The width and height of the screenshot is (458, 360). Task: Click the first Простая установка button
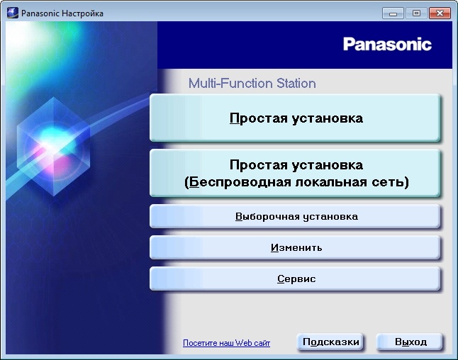[x=296, y=118]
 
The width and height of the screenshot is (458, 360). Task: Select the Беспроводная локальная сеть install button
[x=296, y=174]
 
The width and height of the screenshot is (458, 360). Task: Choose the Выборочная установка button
[x=296, y=216]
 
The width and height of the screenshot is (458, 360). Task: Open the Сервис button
[x=296, y=279]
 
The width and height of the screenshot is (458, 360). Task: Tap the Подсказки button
[x=331, y=342]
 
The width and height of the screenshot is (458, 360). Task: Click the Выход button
[x=410, y=342]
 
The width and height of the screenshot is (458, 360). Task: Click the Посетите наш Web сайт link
[x=226, y=343]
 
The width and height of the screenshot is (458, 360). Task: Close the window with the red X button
[x=439, y=13]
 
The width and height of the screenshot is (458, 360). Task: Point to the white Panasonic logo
[x=387, y=44]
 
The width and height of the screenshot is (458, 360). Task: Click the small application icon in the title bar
[x=12, y=13]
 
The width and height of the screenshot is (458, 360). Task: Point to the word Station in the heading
[x=294, y=84]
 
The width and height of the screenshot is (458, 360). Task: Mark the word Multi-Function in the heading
[x=228, y=84]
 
